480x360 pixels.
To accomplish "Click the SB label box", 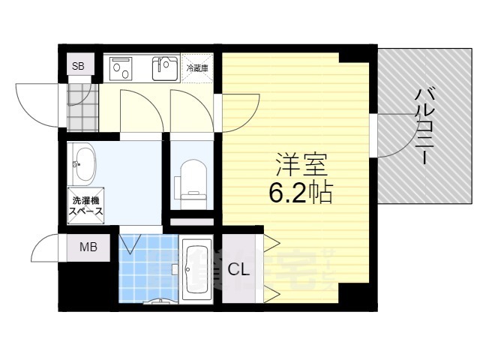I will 78,66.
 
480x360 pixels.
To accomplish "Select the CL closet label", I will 239,268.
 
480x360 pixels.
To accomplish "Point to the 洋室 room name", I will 295,164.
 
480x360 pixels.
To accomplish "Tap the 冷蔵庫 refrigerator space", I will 198,67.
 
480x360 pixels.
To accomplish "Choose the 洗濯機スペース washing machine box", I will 87,205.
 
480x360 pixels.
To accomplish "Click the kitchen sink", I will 166,69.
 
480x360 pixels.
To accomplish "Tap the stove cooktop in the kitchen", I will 122,69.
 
